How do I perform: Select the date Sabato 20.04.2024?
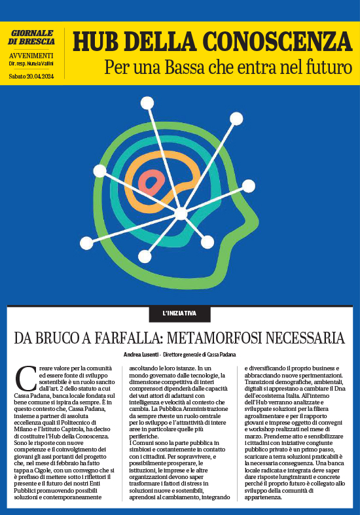[x=32, y=77]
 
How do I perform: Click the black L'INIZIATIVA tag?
[x=179, y=313]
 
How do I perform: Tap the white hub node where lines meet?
[x=181, y=213]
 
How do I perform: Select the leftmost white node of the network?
[x=99, y=171]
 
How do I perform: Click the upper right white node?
[x=236, y=118]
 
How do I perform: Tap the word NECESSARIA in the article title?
[x=305, y=338]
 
